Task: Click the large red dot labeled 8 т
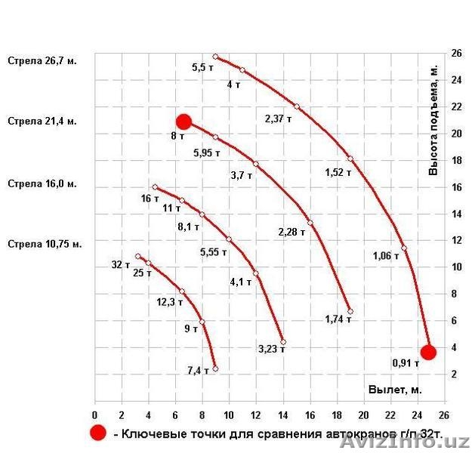pyautogui.click(x=184, y=122)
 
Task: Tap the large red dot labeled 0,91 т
pyautogui.click(x=428, y=352)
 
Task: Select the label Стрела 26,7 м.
pyautogui.click(x=42, y=60)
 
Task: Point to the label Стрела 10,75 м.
pyautogui.click(x=45, y=244)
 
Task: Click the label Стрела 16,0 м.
pyautogui.click(x=42, y=183)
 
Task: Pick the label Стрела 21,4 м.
pyautogui.click(x=42, y=121)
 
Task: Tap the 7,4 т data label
pyautogui.click(x=197, y=371)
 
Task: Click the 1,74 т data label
pyautogui.click(x=338, y=319)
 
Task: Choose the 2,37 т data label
pyautogui.click(x=278, y=119)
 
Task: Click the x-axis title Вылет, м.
pyautogui.click(x=395, y=390)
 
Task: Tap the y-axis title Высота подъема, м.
pyautogui.click(x=433, y=119)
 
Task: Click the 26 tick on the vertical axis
pyautogui.click(x=456, y=54)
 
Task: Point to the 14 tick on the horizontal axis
pyautogui.click(x=283, y=416)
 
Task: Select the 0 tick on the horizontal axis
pyautogui.click(x=94, y=416)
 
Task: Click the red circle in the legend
pyautogui.click(x=97, y=433)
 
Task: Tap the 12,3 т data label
pyautogui.click(x=170, y=302)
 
